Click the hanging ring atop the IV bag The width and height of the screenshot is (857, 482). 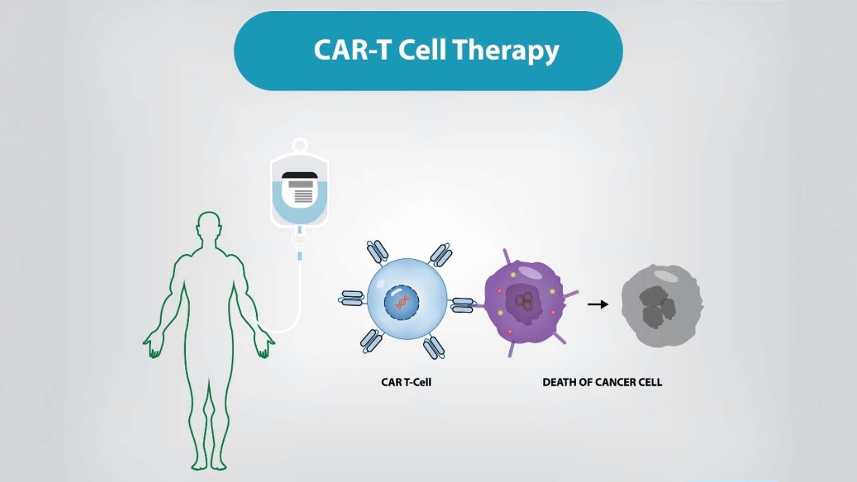(300, 145)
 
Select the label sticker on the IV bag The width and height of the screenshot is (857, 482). (300, 188)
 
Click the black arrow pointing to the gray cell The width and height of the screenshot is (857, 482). (598, 304)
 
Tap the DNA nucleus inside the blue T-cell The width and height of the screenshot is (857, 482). (402, 302)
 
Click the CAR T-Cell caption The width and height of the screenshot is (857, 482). (406, 382)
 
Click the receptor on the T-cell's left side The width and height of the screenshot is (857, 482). (352, 298)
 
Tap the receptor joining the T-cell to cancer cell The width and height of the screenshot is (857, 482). (462, 305)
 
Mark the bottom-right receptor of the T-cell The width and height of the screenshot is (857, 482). (433, 348)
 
